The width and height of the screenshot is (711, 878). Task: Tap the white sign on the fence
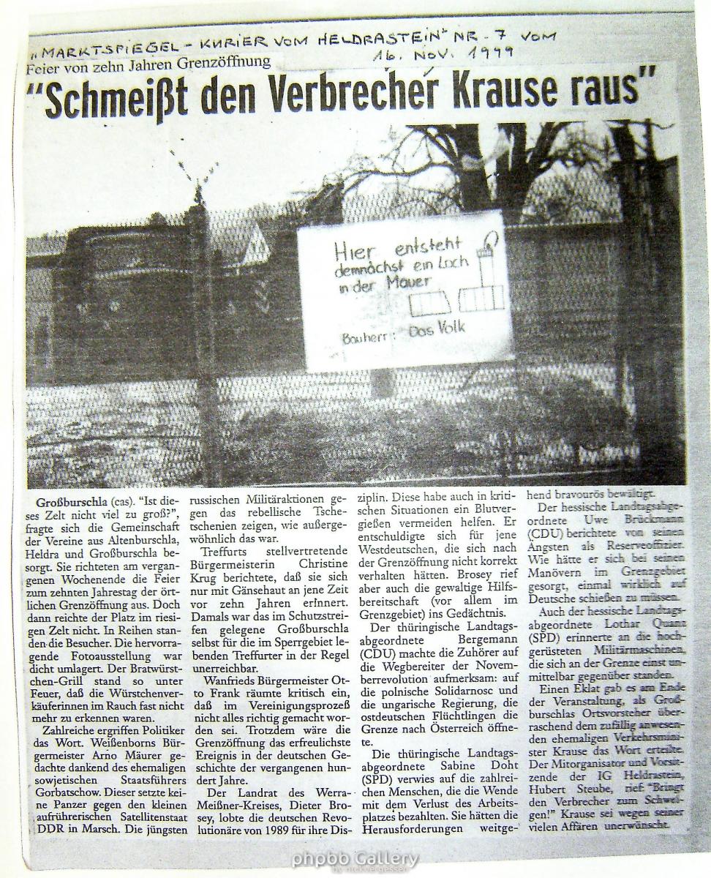(x=405, y=290)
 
